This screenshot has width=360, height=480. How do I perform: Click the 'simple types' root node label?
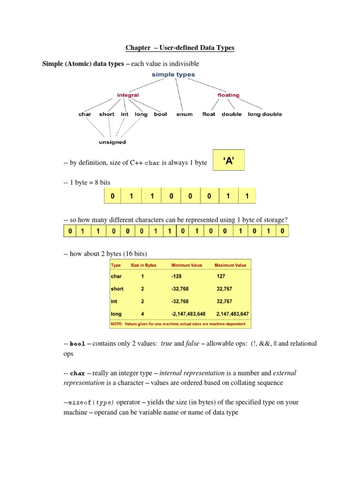click(173, 75)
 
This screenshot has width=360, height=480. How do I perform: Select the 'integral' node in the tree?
click(127, 95)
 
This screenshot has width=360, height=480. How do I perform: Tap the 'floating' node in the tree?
click(228, 95)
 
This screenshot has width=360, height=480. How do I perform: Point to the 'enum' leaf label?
click(184, 114)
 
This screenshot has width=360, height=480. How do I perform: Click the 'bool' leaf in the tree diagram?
click(160, 114)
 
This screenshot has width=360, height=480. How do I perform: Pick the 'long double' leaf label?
click(265, 114)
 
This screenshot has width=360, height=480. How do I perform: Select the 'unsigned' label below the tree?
click(112, 142)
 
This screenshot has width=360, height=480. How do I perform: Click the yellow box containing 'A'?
click(229, 161)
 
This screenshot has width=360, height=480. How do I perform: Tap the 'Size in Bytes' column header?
click(143, 265)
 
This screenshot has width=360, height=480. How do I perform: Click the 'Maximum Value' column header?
click(230, 265)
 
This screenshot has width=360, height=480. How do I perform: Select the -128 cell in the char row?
click(178, 277)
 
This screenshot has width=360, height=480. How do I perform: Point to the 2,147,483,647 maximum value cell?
click(232, 314)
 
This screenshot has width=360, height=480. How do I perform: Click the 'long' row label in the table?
click(116, 314)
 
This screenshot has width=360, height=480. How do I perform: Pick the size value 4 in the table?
click(142, 314)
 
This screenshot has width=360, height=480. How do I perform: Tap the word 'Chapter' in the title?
click(138, 48)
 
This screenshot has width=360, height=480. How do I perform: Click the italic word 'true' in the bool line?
click(166, 344)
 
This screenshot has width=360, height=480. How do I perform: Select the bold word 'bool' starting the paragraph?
click(78, 344)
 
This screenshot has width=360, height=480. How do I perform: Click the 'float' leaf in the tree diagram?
click(209, 114)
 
